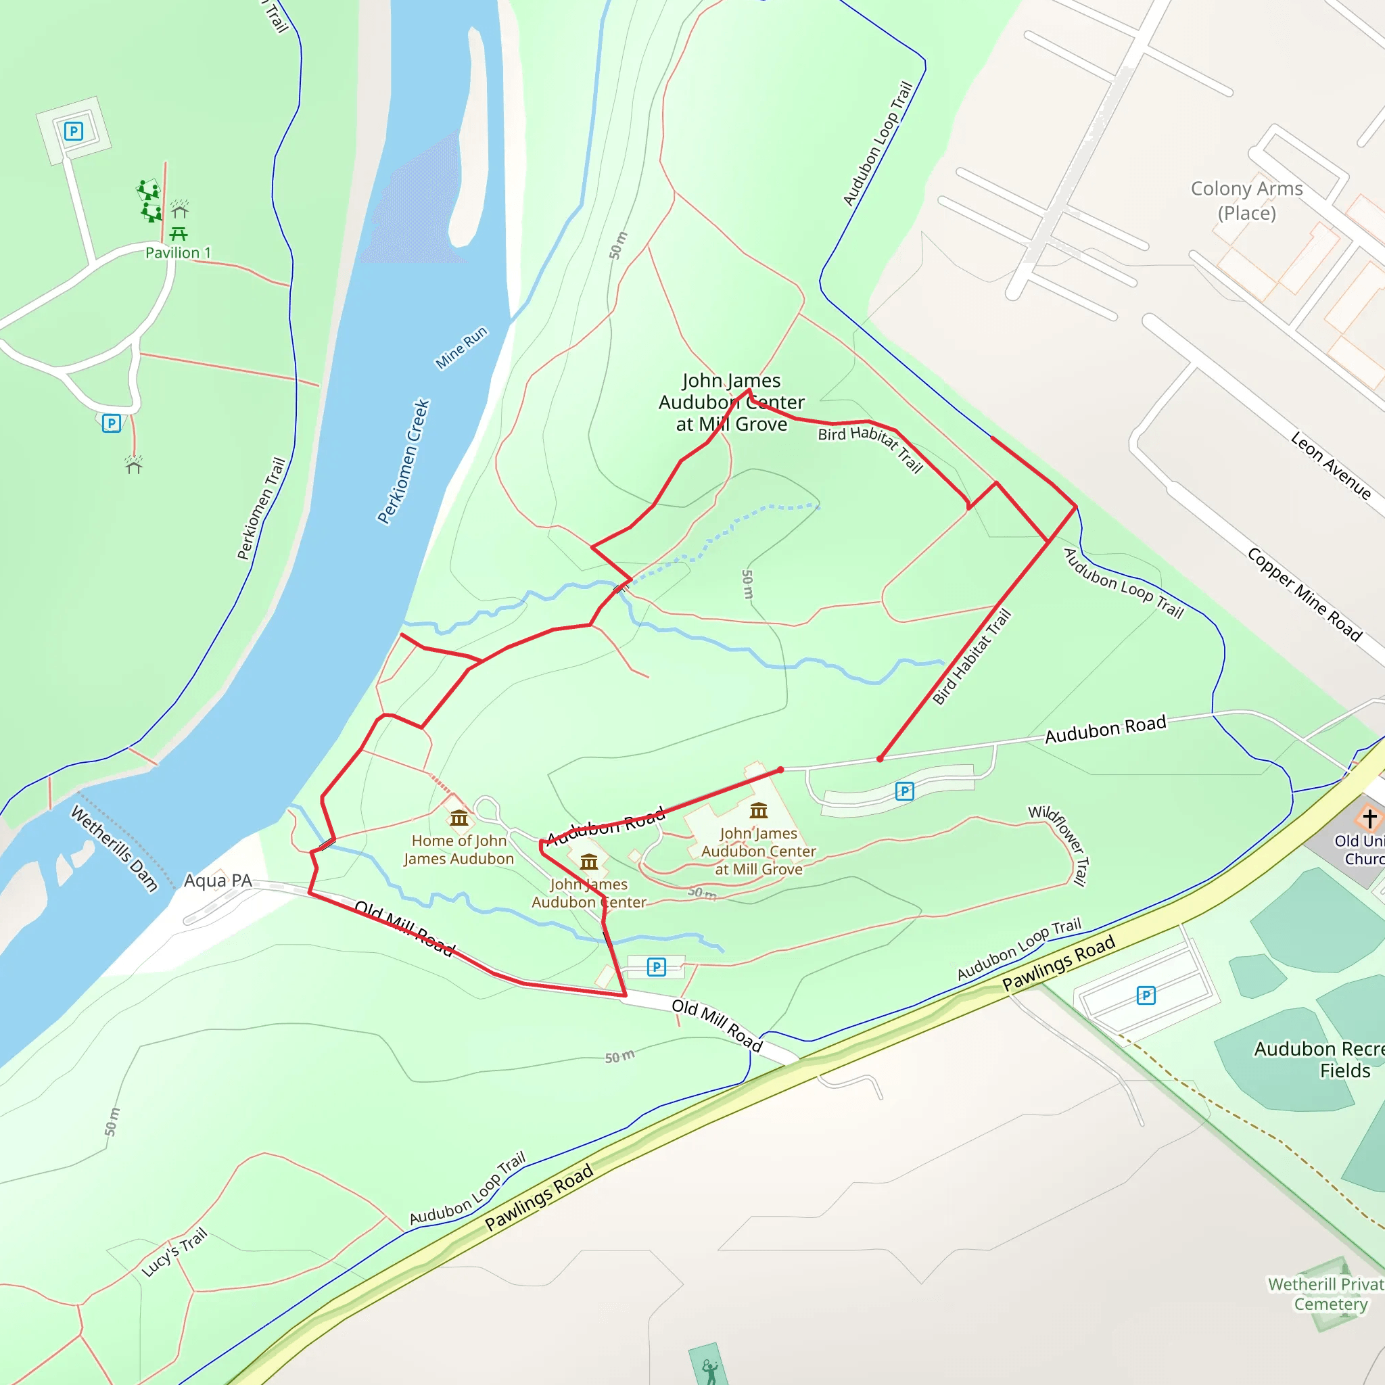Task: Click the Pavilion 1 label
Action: pyautogui.click(x=178, y=253)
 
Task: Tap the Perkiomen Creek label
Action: pyautogui.click(x=404, y=462)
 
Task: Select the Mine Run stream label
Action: pyautogui.click(x=462, y=348)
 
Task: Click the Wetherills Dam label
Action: pyautogui.click(x=114, y=848)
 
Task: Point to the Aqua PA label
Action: pyautogui.click(x=218, y=881)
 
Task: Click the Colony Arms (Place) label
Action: pyautogui.click(x=1246, y=201)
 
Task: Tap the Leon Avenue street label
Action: pyautogui.click(x=1330, y=465)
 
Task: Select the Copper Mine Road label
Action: pyautogui.click(x=1305, y=594)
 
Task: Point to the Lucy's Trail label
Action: pyautogui.click(x=174, y=1252)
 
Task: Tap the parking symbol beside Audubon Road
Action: pyautogui.click(x=905, y=791)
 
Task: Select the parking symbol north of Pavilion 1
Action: pyautogui.click(x=74, y=131)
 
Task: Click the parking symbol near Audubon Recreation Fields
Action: pyautogui.click(x=1146, y=995)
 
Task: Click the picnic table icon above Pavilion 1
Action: pyautogui.click(x=179, y=233)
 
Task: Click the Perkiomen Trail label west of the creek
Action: pyautogui.click(x=261, y=509)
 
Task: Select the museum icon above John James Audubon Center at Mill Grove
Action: pyautogui.click(x=759, y=811)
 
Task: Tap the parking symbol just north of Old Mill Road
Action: pyautogui.click(x=657, y=967)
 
